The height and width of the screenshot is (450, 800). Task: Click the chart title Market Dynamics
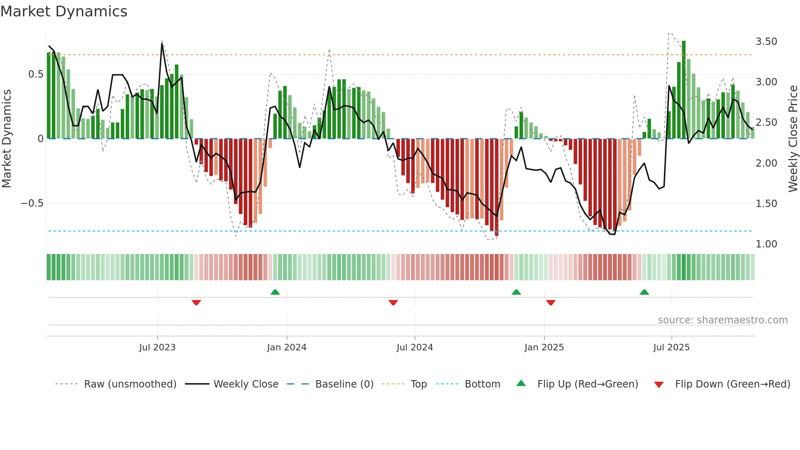click(x=64, y=11)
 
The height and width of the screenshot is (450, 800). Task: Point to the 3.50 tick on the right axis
click(x=766, y=42)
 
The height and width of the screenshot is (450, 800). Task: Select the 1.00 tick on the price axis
click(x=766, y=244)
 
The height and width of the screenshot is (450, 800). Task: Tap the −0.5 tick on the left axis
click(x=32, y=203)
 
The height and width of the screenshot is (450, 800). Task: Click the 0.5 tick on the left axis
click(x=36, y=74)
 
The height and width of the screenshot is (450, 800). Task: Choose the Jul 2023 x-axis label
click(x=157, y=348)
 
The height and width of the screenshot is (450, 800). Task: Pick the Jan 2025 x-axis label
click(x=544, y=348)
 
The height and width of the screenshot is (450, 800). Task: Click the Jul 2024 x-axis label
click(x=414, y=348)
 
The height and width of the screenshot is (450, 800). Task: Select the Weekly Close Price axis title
click(x=793, y=138)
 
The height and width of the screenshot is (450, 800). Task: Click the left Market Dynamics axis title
click(x=7, y=138)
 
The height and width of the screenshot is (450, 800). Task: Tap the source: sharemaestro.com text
click(x=722, y=320)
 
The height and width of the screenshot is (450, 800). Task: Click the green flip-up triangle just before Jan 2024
click(x=275, y=292)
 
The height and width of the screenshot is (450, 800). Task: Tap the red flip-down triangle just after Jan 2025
click(x=551, y=303)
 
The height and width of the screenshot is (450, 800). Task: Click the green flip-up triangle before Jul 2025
click(x=644, y=292)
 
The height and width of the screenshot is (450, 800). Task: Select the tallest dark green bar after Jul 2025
click(x=684, y=90)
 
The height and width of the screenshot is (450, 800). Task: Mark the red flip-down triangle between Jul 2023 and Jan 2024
click(x=196, y=303)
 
